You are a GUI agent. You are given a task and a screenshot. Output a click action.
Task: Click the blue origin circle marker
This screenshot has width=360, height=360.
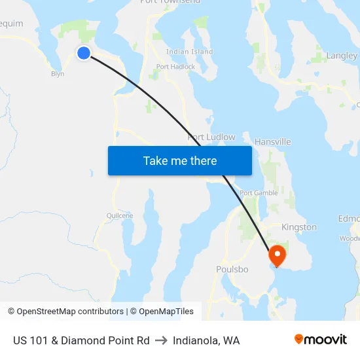tap(84, 53)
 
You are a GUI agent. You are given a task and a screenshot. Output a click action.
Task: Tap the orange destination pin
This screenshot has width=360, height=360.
tap(277, 255)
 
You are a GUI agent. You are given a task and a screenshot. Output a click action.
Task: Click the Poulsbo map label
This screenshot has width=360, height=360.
tap(232, 269)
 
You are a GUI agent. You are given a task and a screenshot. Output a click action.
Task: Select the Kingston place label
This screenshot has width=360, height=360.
tap(298, 227)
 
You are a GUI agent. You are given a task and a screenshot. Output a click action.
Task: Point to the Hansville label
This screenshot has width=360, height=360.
tap(272, 141)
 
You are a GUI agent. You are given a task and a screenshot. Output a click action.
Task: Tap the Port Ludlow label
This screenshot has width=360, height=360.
tap(211, 137)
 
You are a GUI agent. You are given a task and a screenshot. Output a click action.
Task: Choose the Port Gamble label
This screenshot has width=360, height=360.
tap(259, 193)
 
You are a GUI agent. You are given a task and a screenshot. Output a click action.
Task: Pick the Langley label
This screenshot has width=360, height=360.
tap(342, 56)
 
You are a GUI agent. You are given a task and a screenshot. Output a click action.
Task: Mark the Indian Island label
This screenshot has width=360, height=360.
tap(189, 52)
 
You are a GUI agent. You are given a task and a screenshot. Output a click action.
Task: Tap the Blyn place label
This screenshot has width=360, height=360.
tap(58, 74)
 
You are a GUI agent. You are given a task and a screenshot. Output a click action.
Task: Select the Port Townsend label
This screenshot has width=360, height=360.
tap(170, 2)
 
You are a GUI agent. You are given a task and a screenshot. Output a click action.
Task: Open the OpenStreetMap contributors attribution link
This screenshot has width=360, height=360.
tap(70, 312)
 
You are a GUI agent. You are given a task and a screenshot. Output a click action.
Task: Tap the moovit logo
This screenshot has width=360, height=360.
tap(321, 340)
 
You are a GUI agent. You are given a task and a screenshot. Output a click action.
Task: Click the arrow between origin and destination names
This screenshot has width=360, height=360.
tap(161, 340)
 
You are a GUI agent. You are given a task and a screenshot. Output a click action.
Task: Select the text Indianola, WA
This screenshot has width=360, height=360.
tap(206, 340)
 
